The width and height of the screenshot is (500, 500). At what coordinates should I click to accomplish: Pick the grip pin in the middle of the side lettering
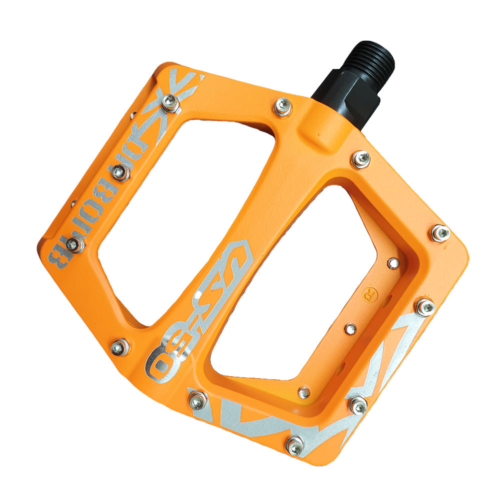[120, 172]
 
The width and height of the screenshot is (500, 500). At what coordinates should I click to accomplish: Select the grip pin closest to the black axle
[283, 106]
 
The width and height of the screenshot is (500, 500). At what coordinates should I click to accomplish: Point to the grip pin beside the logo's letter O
[120, 346]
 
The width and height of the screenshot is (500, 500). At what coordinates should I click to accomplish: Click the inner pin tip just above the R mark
[394, 262]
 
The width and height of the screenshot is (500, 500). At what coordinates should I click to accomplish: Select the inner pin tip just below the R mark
[351, 328]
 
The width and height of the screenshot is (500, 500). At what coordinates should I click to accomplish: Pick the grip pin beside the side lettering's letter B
[74, 244]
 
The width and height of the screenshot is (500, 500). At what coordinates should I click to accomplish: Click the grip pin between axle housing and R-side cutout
[360, 159]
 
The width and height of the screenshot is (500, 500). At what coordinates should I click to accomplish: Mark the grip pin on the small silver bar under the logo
[198, 399]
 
